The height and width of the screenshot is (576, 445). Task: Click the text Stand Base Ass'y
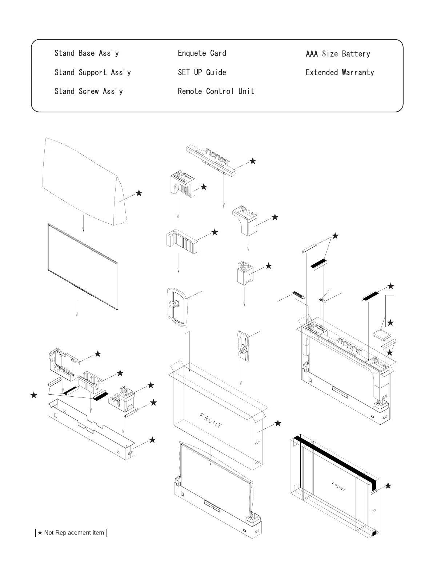tap(87, 53)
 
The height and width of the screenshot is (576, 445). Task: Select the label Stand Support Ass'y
tap(93, 72)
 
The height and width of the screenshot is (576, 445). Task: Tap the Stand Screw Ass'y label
tap(89, 91)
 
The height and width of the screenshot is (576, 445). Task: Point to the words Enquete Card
tap(202, 53)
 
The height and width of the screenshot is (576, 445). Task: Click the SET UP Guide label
tap(202, 72)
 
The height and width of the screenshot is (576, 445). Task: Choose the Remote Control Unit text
tap(216, 91)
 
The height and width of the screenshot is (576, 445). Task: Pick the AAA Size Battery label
tap(338, 54)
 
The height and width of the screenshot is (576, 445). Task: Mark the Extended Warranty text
tap(340, 72)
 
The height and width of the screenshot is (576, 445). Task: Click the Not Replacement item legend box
tap(71, 533)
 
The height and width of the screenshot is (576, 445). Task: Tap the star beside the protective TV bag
tap(139, 193)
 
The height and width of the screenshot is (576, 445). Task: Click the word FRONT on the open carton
tap(211, 420)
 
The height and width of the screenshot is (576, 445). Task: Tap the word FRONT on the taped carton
tap(338, 486)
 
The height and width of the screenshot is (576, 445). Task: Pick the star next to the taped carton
tap(388, 486)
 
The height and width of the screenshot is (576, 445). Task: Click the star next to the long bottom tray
tap(152, 440)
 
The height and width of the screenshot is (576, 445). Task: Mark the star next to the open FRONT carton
tap(278, 423)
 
